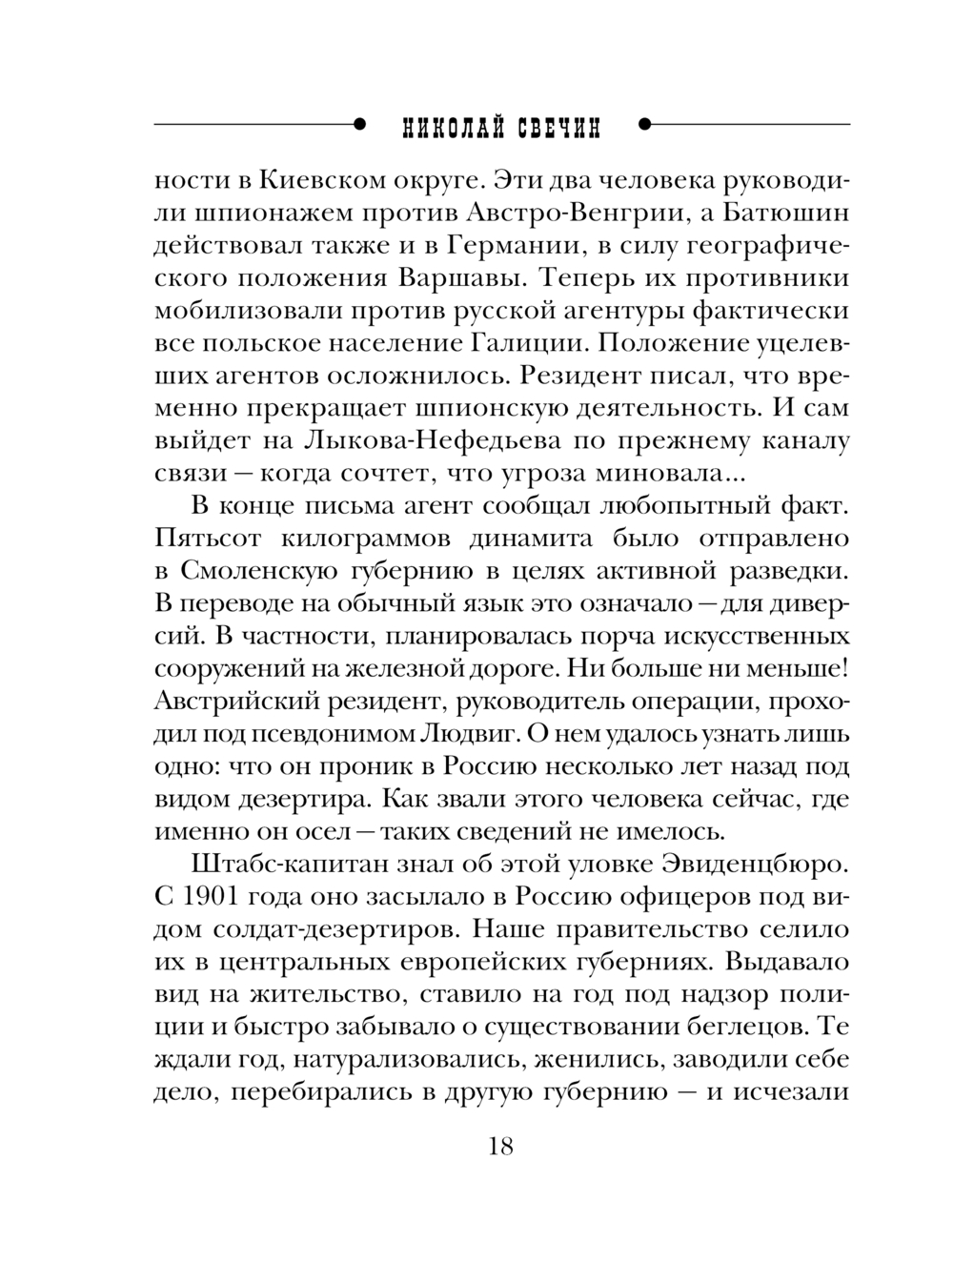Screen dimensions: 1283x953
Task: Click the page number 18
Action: (500, 1147)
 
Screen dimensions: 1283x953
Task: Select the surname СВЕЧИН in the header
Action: (559, 129)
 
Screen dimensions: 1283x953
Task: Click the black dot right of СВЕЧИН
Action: (643, 123)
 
